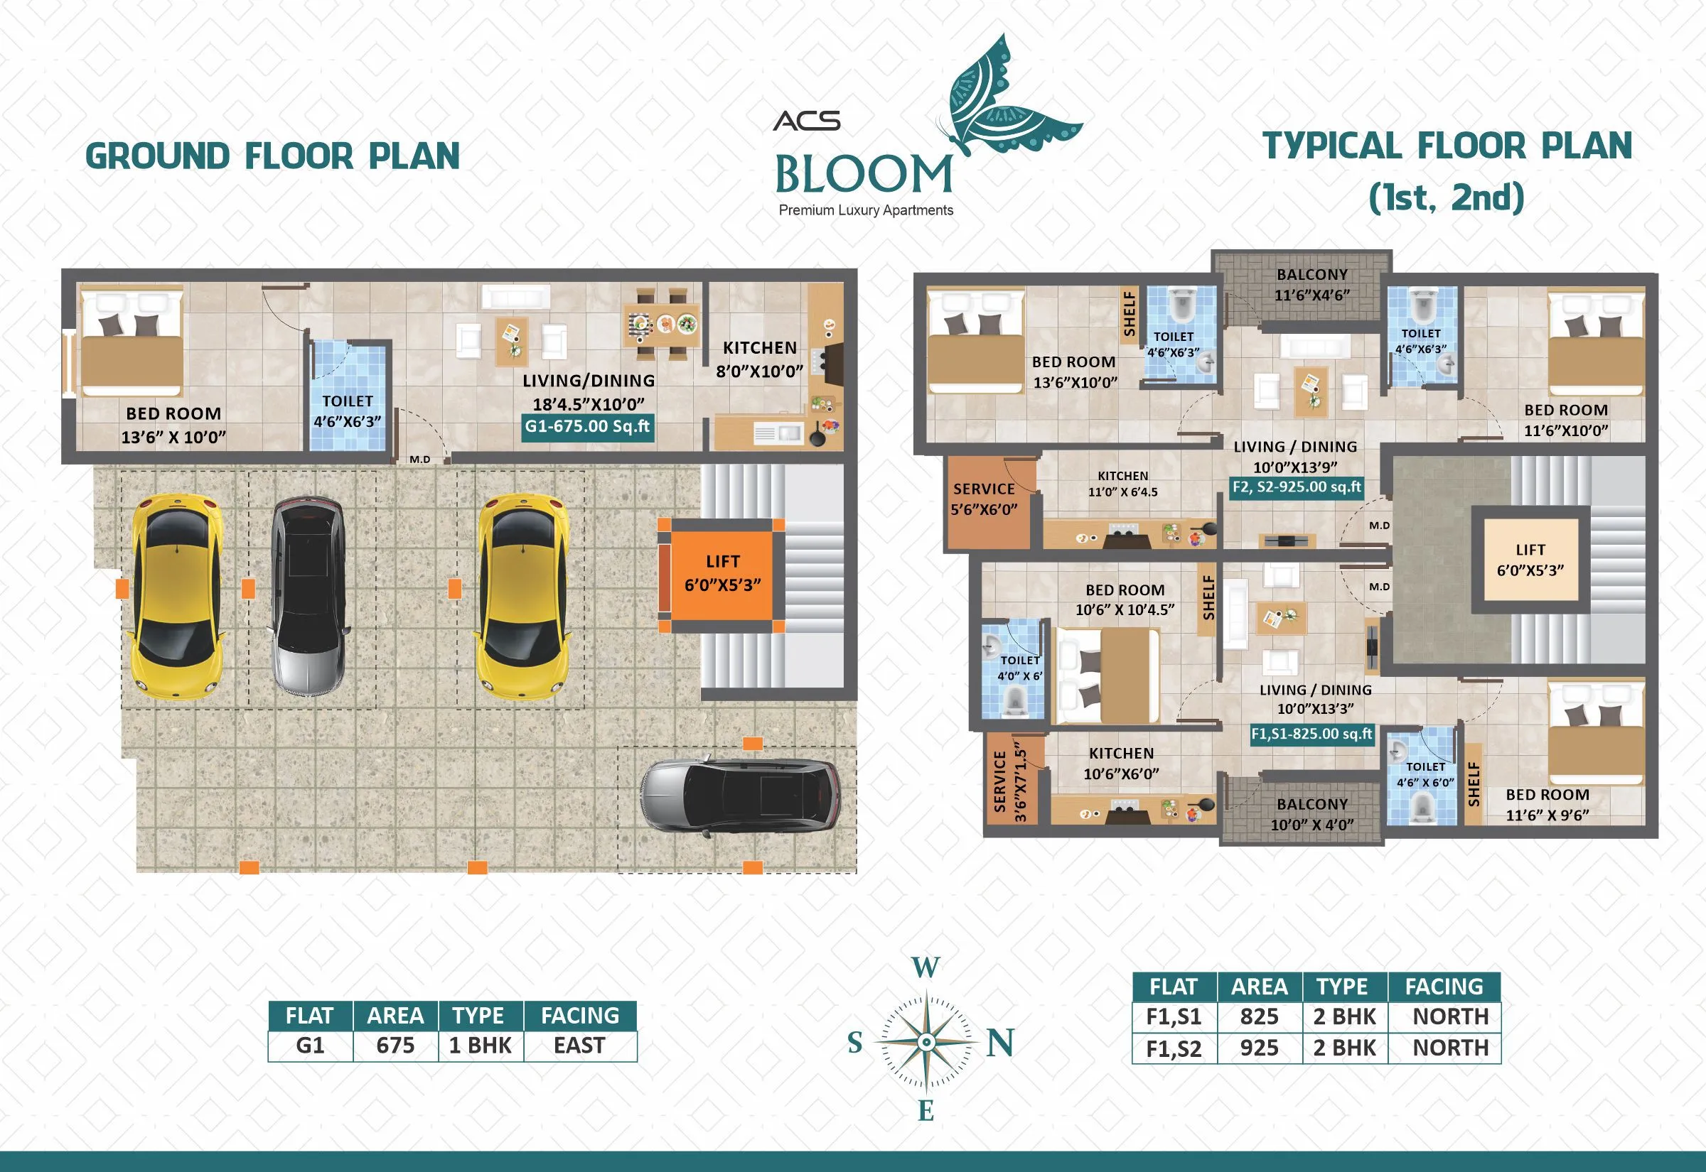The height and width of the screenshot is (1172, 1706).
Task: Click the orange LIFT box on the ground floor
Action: pos(722,574)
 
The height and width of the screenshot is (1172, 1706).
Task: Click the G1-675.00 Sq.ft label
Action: pos(587,427)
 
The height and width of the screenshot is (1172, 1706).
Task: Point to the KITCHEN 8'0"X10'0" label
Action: pos(760,359)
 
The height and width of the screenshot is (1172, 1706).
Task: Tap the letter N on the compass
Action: pos(1000,1043)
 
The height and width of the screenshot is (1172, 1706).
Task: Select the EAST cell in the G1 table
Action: pos(580,1046)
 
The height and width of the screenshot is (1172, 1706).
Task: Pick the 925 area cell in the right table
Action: pos(1260,1048)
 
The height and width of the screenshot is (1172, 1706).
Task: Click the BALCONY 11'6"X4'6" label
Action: pos(1312,284)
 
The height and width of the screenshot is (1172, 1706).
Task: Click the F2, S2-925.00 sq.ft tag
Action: pos(1297,487)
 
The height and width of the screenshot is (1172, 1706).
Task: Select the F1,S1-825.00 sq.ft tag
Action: pos(1311,734)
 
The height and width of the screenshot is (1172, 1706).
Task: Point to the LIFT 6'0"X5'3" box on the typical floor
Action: pos(1530,560)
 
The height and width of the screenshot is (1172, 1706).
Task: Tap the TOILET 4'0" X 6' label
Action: pos(1020,668)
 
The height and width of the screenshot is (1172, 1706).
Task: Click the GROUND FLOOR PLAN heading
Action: pos(272,156)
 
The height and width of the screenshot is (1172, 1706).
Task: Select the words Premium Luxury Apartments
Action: pos(866,210)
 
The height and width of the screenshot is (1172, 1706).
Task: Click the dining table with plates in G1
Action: pos(661,324)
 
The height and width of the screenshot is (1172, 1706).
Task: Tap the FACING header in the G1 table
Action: pos(580,1016)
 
